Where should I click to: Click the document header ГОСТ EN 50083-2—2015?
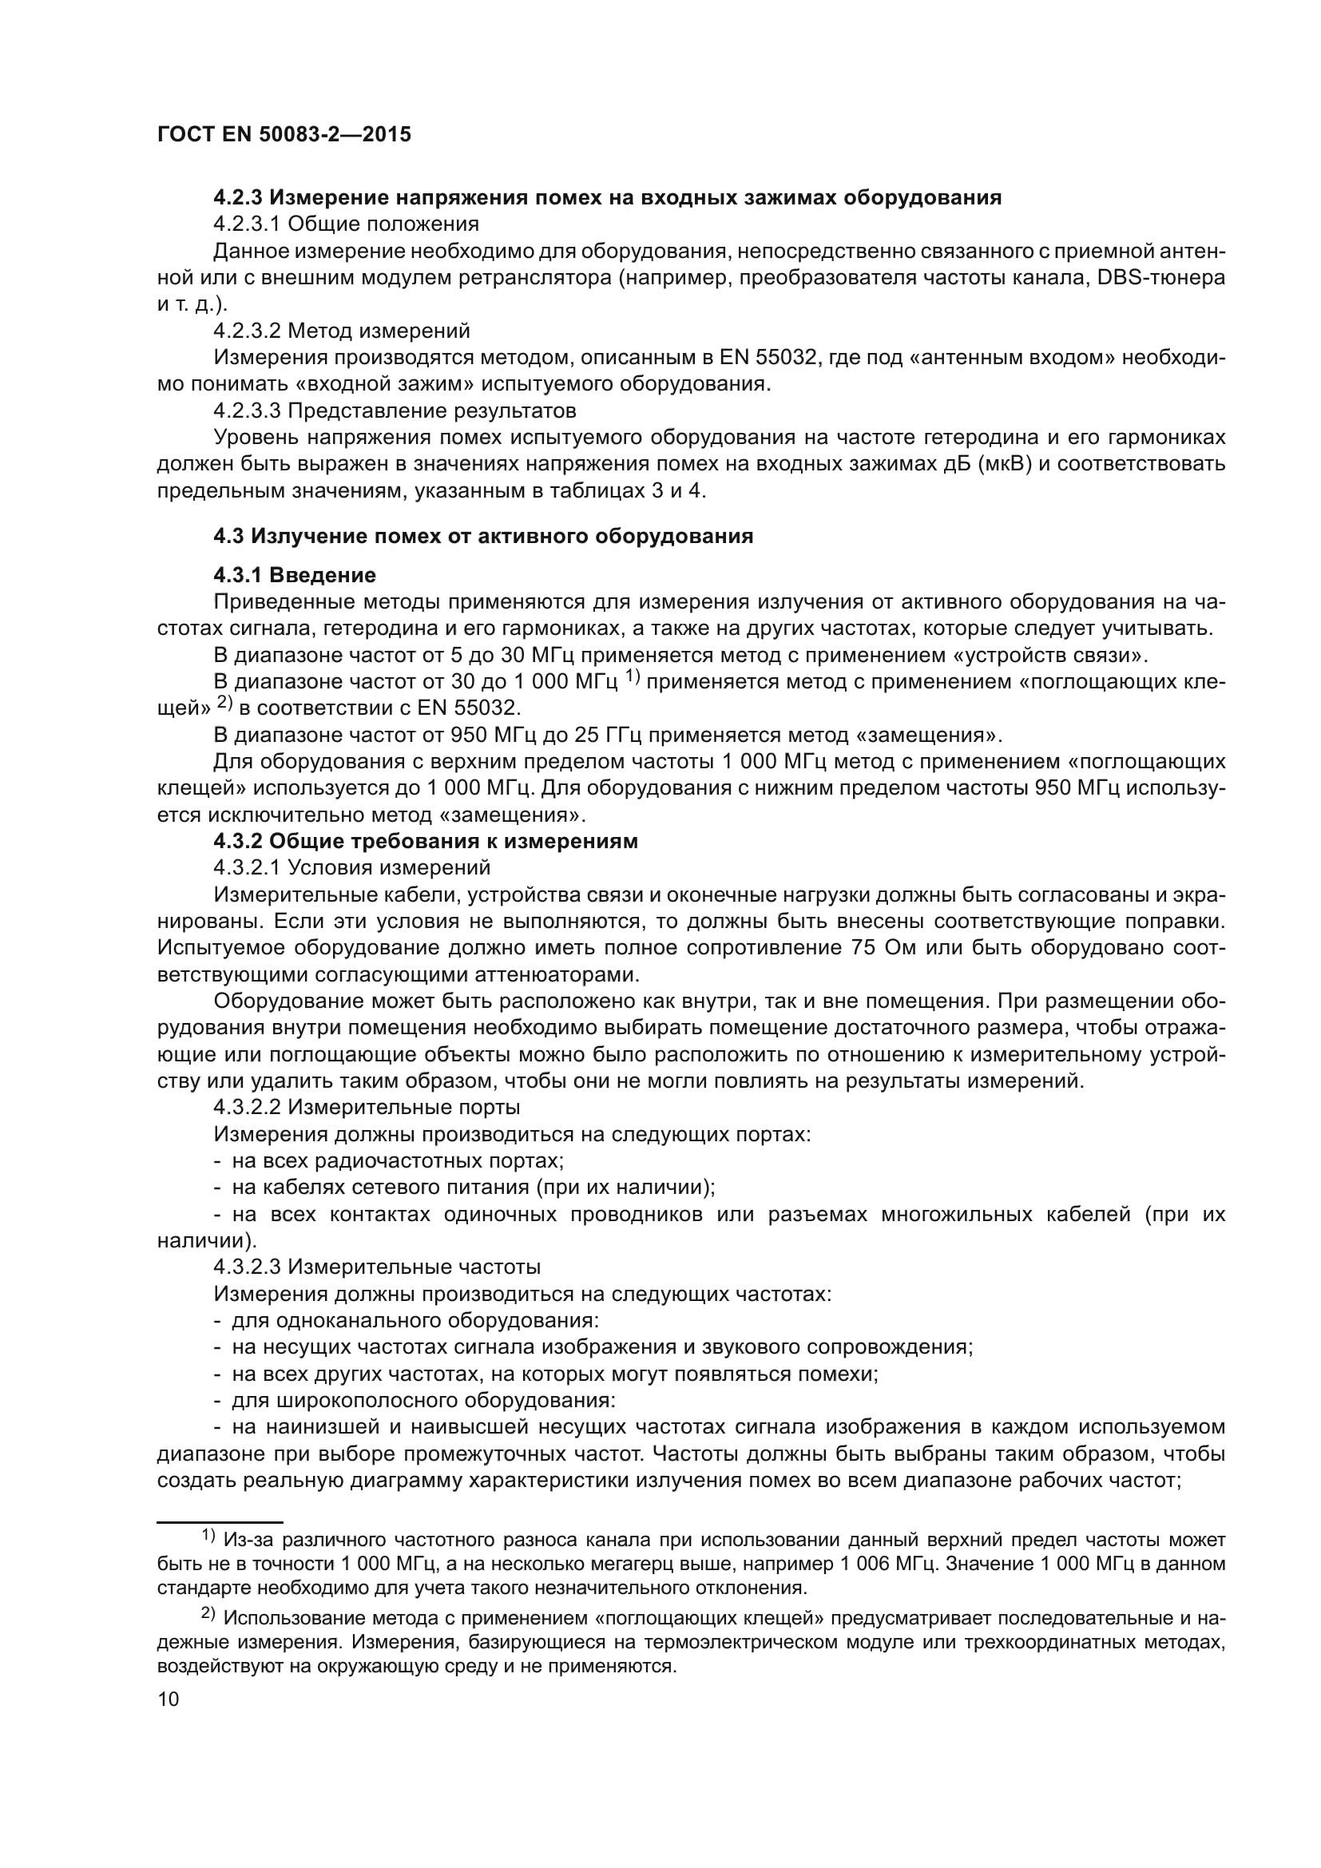[284, 135]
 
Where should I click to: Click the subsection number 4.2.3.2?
[248, 331]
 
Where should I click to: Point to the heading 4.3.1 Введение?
[295, 575]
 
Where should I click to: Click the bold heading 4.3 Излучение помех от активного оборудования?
[483, 536]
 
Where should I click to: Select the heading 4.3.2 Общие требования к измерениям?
[426, 841]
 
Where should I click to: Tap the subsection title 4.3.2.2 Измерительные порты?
[367, 1107]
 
